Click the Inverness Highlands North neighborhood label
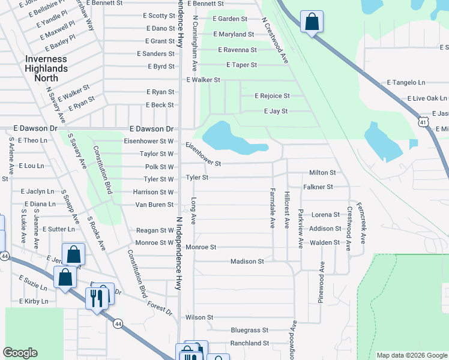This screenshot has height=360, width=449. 46,68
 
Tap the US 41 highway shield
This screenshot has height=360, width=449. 424,122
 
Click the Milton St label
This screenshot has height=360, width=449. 322,172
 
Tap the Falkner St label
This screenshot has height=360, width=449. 318,187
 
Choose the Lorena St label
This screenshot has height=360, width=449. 325,215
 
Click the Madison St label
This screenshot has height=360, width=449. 247,262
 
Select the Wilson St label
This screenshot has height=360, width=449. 199,317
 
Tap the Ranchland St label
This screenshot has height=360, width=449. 250,343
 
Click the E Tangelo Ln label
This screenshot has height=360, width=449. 406,82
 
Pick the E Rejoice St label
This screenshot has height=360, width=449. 272,95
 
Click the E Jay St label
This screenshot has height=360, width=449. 276,111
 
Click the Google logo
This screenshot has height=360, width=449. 20,353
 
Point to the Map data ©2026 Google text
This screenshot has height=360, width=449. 411,355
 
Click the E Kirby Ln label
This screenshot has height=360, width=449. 34,301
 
